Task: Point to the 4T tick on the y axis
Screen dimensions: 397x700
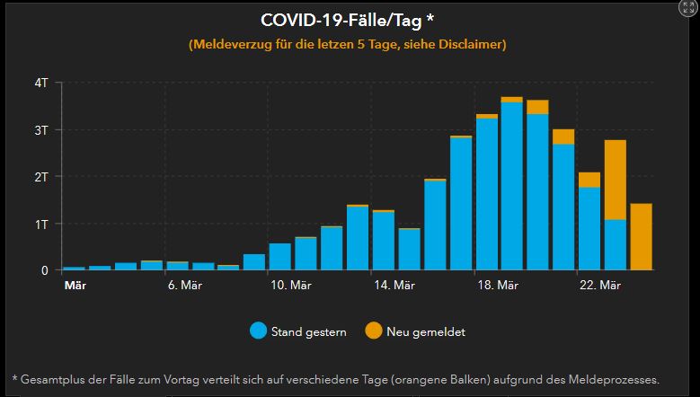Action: pos(41,83)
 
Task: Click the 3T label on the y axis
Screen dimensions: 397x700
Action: pos(41,129)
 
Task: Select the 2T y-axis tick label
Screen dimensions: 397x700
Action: pos(41,176)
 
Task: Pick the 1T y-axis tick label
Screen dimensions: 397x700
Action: pos(41,223)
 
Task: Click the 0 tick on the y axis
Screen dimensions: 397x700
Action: pos(45,269)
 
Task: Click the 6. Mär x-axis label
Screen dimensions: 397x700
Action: pos(184,286)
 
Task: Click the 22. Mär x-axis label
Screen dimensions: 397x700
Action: pos(600,286)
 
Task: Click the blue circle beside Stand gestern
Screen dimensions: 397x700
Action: pos(259,331)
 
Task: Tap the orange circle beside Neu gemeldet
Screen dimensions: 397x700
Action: pos(373,331)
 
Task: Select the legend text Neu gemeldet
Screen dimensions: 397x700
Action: pos(426,332)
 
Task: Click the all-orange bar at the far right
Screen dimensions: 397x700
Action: pos(641,236)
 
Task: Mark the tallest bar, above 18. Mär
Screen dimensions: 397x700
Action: pos(511,184)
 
